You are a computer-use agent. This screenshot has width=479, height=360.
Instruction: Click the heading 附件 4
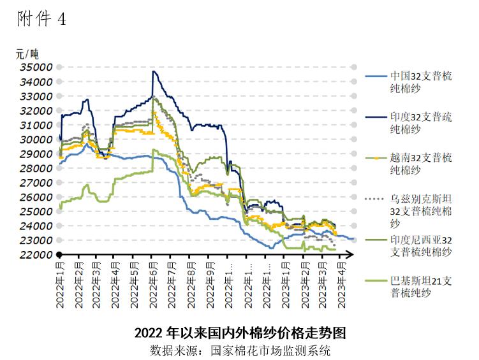pos(41,20)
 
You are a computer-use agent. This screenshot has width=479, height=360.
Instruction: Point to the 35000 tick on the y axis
pos(36,67)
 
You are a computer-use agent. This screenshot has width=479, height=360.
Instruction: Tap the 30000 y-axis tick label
pos(36,140)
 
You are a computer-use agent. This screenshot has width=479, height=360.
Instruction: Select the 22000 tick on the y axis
pos(36,255)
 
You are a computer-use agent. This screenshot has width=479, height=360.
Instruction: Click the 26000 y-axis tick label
pos(36,198)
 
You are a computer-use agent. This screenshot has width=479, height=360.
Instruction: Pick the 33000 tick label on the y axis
pos(36,96)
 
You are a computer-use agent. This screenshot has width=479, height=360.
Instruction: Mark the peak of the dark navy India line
pos(153,71)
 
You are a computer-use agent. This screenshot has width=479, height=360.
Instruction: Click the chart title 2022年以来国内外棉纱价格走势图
pos(240,333)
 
